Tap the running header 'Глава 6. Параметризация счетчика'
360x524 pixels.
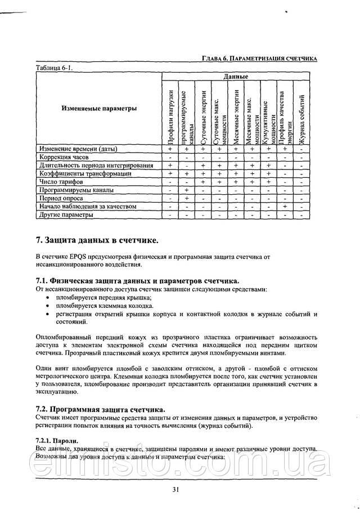(259, 59)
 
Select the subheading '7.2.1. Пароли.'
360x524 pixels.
(57, 440)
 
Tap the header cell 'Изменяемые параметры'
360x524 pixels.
(99, 109)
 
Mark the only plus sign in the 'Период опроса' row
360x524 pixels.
(186, 198)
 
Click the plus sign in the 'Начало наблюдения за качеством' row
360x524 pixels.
(285, 207)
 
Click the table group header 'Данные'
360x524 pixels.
(235, 75)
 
